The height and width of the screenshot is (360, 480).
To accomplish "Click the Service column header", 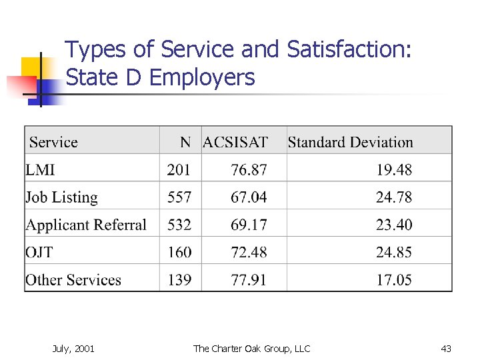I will tap(53, 142).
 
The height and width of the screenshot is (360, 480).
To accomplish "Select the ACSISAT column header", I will tap(235, 142).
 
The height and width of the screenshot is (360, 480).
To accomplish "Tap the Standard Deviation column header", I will tap(350, 142).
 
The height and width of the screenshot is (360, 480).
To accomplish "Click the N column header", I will tap(185, 142).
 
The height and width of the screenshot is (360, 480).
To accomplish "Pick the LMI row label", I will tap(40, 170).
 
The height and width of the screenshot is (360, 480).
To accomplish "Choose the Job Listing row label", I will tap(61, 197).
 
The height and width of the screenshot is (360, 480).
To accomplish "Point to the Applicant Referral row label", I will tap(86, 225).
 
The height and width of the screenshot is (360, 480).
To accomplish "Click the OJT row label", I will tap(40, 253).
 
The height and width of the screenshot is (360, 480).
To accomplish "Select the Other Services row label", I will tap(73, 280).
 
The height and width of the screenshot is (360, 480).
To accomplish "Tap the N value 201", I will tap(179, 170).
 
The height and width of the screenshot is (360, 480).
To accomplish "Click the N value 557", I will tap(179, 197).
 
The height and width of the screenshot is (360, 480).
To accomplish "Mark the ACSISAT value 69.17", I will tap(249, 225).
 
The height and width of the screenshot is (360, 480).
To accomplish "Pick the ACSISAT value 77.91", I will tap(249, 280).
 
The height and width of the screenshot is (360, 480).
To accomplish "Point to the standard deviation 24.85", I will tap(394, 253).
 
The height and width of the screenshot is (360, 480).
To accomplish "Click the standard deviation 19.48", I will tap(394, 170).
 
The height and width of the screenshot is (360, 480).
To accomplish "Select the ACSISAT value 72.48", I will tap(249, 253).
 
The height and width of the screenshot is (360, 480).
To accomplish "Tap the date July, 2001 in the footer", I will tap(73, 348).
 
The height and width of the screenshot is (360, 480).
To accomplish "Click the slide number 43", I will tap(446, 348).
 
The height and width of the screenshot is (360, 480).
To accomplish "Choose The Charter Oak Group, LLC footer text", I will tap(251, 348).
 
